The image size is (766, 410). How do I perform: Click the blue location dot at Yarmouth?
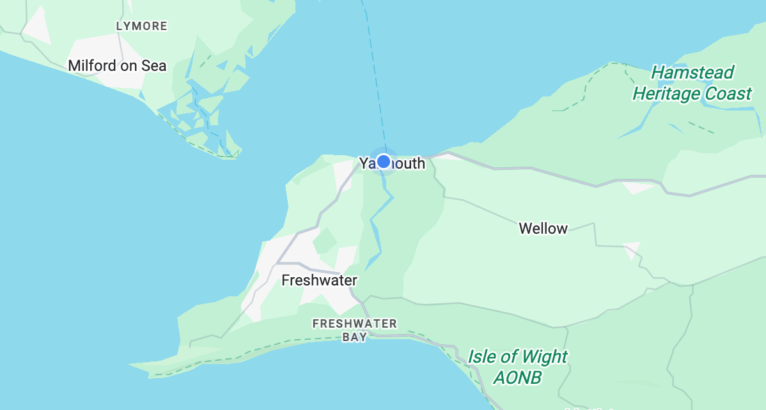(x=384, y=161)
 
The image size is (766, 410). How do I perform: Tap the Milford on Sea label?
(x=117, y=66)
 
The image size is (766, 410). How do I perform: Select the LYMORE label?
(x=141, y=26)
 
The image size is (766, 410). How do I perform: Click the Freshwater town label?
(x=319, y=280)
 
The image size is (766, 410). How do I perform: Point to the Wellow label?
(x=543, y=228)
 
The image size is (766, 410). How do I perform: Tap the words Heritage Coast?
(x=692, y=94)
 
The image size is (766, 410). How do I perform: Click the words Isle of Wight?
(x=517, y=356)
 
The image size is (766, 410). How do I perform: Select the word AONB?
(x=517, y=377)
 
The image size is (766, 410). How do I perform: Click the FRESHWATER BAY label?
(x=354, y=330)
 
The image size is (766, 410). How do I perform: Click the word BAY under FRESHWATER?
(x=354, y=337)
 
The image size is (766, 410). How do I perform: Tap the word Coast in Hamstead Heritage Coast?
(x=728, y=94)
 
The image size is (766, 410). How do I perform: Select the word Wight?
(x=545, y=356)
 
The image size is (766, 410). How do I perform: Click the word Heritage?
(x=666, y=94)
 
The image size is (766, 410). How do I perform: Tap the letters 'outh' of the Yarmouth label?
(x=410, y=163)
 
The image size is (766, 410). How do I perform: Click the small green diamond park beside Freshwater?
(x=325, y=241)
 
